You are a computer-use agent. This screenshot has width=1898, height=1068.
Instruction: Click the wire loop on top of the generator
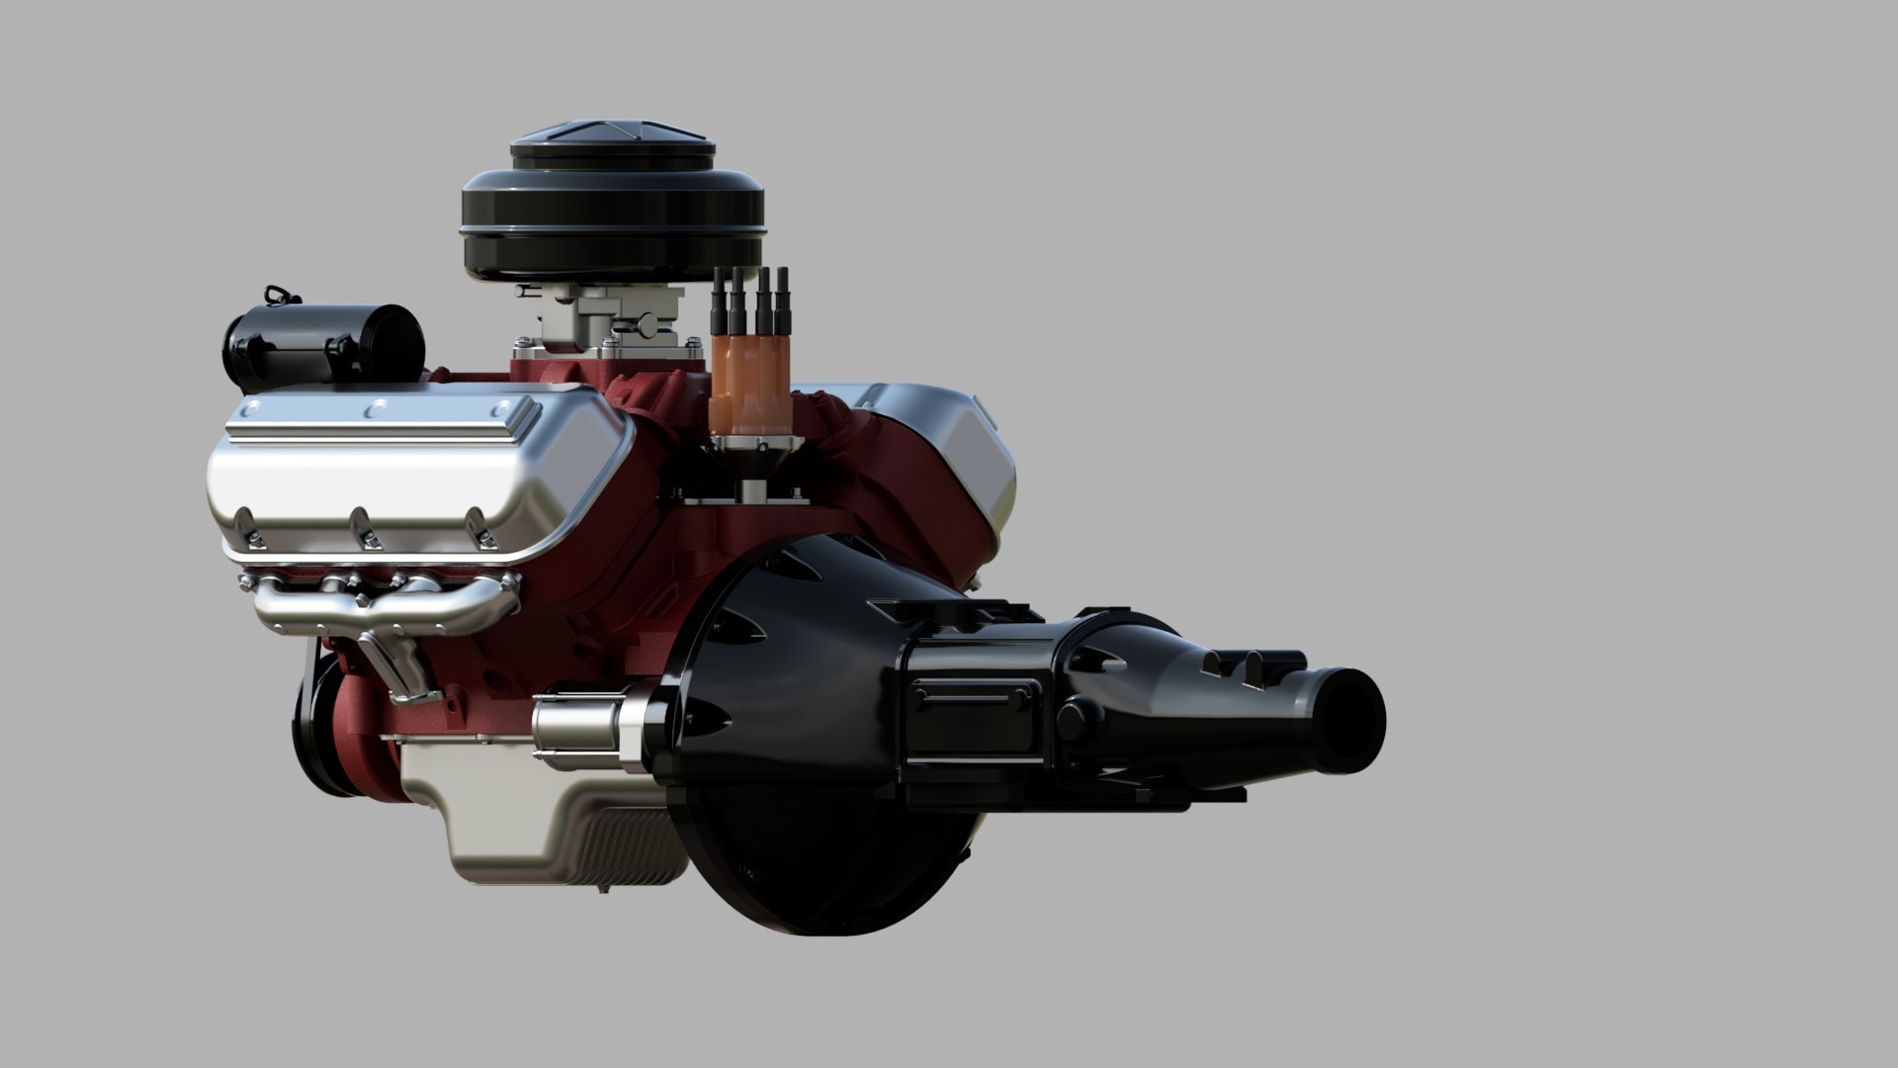coord(278,297)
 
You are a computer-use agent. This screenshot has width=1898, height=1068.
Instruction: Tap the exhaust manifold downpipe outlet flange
coord(410,692)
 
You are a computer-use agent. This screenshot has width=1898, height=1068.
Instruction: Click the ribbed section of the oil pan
coord(633,831)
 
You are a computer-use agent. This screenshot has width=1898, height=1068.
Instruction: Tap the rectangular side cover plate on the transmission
coord(974,697)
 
